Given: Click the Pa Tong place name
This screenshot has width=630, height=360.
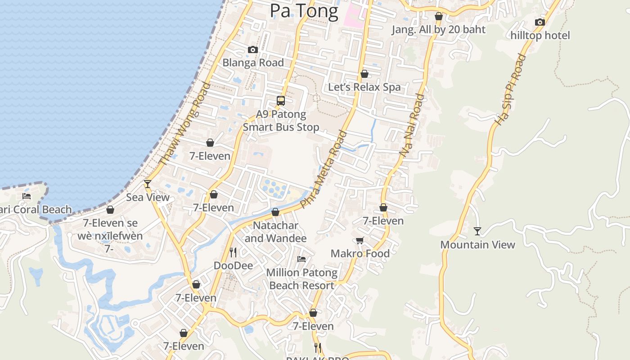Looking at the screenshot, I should [x=304, y=11].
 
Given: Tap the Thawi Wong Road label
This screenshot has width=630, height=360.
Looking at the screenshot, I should [x=184, y=123].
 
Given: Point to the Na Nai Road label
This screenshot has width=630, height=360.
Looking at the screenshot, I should [x=412, y=125].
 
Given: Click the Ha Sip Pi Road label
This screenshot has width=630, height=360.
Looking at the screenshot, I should [x=510, y=89].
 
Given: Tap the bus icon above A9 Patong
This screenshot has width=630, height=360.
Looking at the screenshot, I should [x=281, y=101].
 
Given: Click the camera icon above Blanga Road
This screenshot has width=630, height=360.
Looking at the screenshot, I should [x=253, y=50].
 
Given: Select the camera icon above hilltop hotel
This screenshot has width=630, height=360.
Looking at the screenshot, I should [x=540, y=22].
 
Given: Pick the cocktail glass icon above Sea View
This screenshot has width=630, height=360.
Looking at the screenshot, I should [x=147, y=184].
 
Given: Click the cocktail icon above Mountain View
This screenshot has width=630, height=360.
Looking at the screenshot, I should [x=477, y=231].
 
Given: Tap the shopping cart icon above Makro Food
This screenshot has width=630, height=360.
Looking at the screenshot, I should [x=360, y=241].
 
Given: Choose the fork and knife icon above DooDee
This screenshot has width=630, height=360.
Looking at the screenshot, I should [x=233, y=252].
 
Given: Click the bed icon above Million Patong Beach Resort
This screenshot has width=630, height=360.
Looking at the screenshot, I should [x=301, y=259].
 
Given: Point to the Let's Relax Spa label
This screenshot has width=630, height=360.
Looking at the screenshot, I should [x=364, y=87].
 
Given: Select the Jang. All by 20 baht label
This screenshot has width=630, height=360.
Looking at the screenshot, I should [x=438, y=30].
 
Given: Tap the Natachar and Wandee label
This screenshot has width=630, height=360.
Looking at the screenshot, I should [x=275, y=232].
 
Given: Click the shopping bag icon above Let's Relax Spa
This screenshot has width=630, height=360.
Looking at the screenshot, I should [x=364, y=74].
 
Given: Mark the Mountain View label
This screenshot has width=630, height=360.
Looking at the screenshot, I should [x=477, y=245].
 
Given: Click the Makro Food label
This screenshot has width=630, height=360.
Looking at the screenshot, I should [x=360, y=254].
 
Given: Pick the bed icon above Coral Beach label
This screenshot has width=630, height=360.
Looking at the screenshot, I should [x=27, y=196].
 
